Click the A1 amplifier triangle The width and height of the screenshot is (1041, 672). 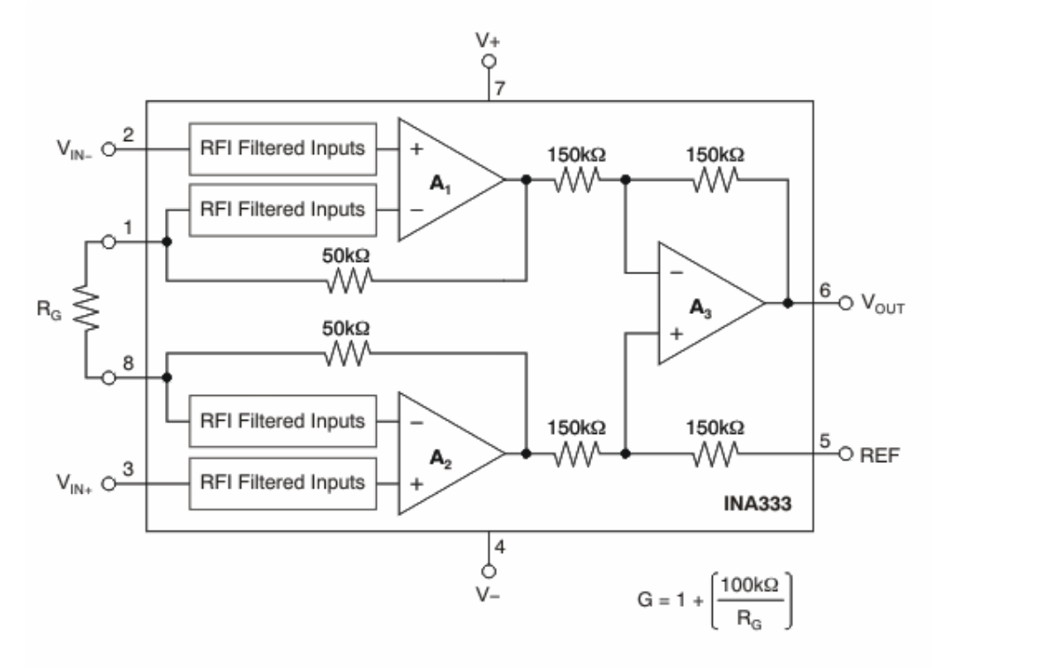coord(446,180)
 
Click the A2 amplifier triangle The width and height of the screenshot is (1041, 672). coord(446,453)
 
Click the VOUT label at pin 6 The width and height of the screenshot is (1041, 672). coord(883,305)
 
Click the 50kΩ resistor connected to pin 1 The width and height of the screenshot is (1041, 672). coord(346,281)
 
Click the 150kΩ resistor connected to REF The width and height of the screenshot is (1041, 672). coord(715,453)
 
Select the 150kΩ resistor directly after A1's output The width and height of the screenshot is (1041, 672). coord(577,180)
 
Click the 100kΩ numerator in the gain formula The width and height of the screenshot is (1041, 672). coord(748,583)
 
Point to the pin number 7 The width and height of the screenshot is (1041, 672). coord(499,90)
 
